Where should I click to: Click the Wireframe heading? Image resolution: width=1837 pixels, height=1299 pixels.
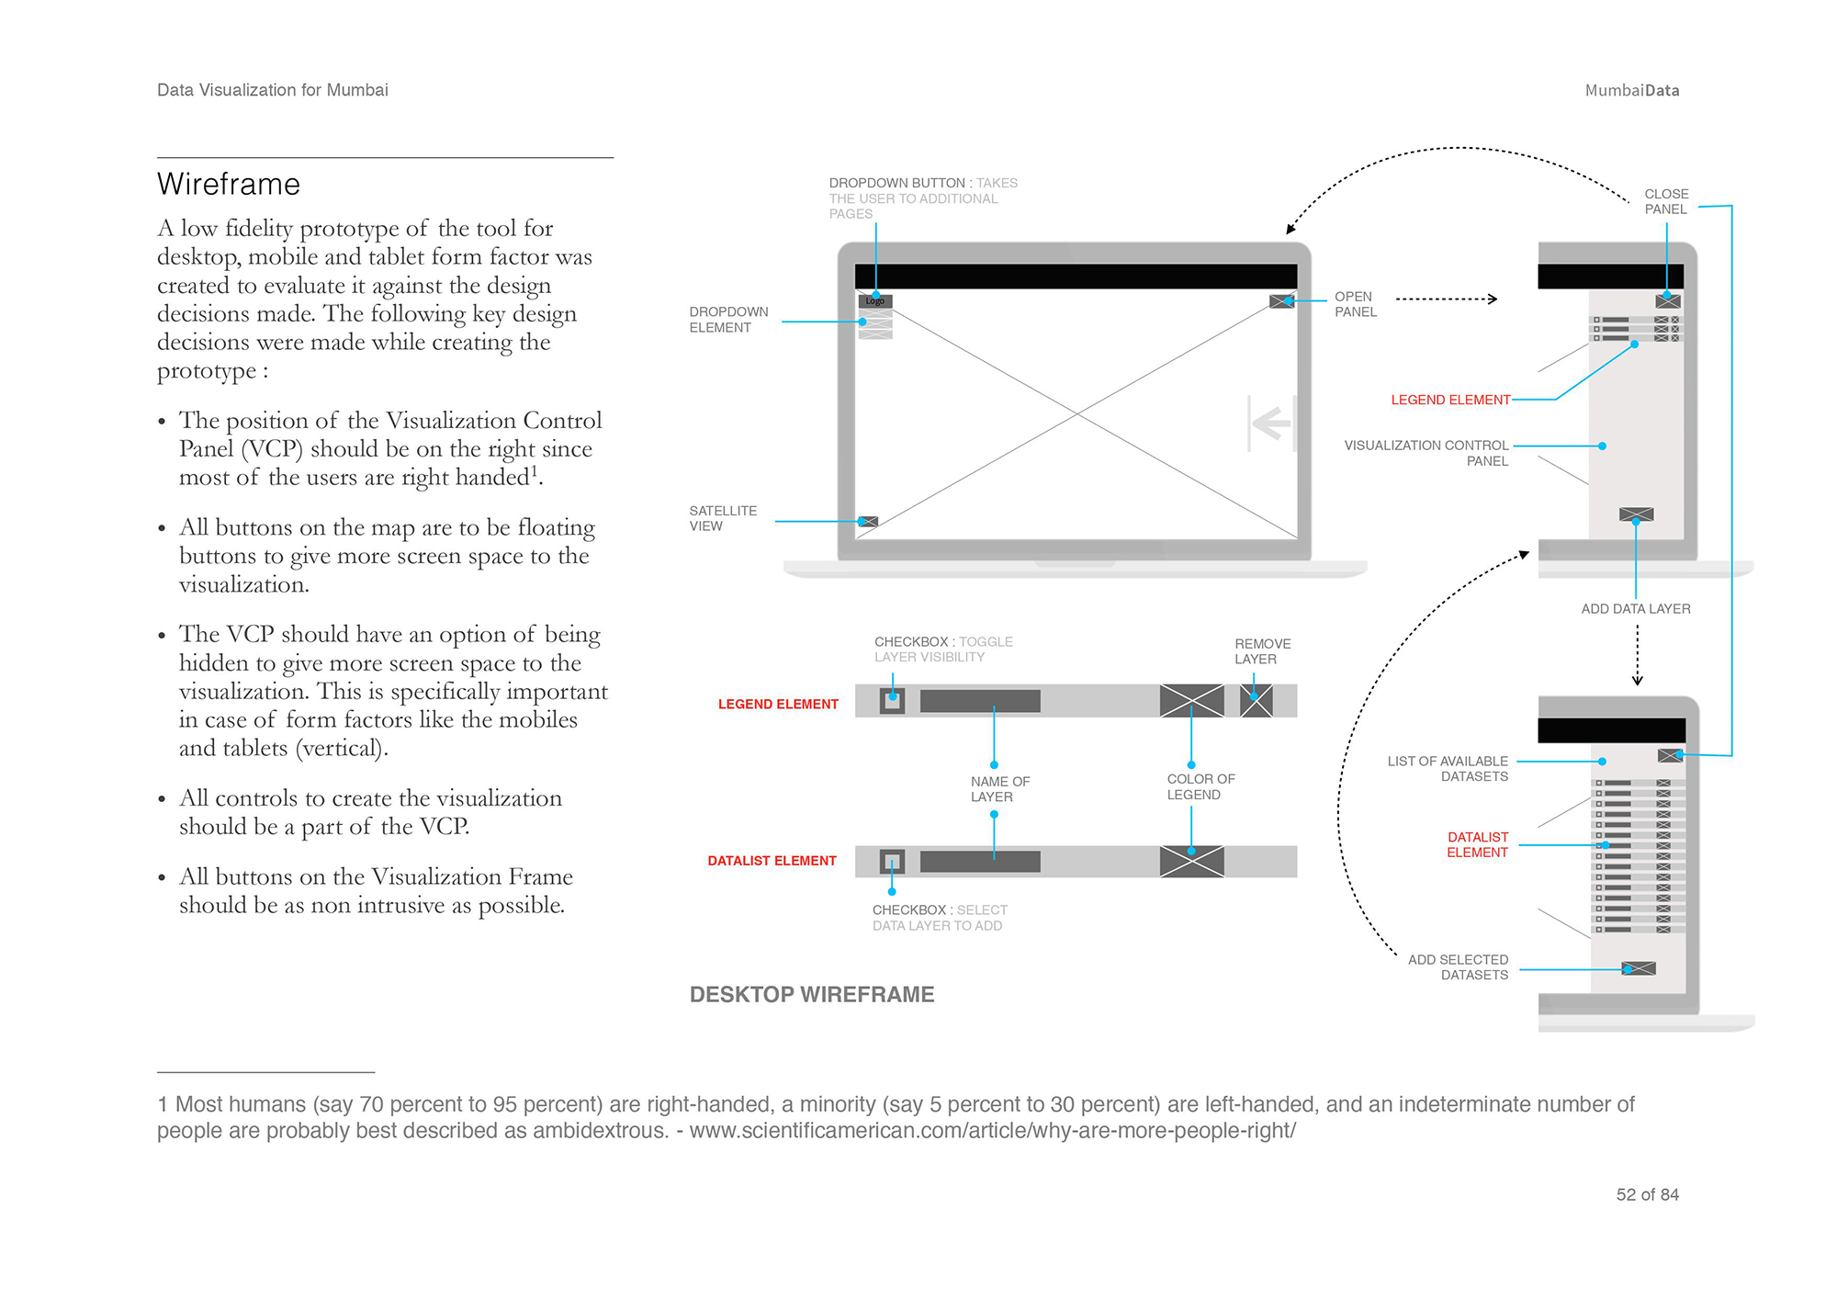coord(229,185)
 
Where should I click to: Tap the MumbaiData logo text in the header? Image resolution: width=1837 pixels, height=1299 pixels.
coord(1631,90)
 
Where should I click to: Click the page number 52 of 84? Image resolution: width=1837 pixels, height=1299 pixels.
coord(1647,1194)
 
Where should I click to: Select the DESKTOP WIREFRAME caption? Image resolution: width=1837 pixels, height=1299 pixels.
coord(812,995)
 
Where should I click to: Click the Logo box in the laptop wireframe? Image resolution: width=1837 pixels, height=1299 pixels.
coord(875,301)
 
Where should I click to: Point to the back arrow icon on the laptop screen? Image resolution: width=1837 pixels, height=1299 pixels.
coord(1272,424)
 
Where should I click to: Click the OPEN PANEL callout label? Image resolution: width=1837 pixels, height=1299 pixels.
coord(1355,304)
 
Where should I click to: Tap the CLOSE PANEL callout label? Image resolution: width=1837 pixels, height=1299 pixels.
coord(1666,201)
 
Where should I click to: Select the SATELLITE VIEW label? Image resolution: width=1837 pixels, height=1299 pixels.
coord(723,518)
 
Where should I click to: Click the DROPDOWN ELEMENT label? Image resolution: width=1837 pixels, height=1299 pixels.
coord(728,320)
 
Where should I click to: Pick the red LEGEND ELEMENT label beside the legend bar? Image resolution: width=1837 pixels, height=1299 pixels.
coord(778,704)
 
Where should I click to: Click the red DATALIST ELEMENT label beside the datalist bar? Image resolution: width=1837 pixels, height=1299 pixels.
coord(772,861)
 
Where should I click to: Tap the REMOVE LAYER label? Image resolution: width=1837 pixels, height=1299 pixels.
coord(1262,651)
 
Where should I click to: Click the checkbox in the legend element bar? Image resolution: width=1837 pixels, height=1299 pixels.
coord(892,701)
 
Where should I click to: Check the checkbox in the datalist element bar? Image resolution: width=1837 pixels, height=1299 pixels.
coord(892,862)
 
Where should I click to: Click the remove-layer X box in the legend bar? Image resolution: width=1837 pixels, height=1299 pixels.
coord(1256,701)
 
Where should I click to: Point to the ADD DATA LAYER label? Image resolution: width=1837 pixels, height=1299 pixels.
coord(1636,609)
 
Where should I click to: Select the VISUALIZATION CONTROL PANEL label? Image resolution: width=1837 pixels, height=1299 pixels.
coord(1426,453)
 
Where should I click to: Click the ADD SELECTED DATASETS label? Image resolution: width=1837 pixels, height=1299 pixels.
coord(1458,967)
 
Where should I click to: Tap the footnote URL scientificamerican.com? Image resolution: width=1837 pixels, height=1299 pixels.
coord(992,1131)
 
